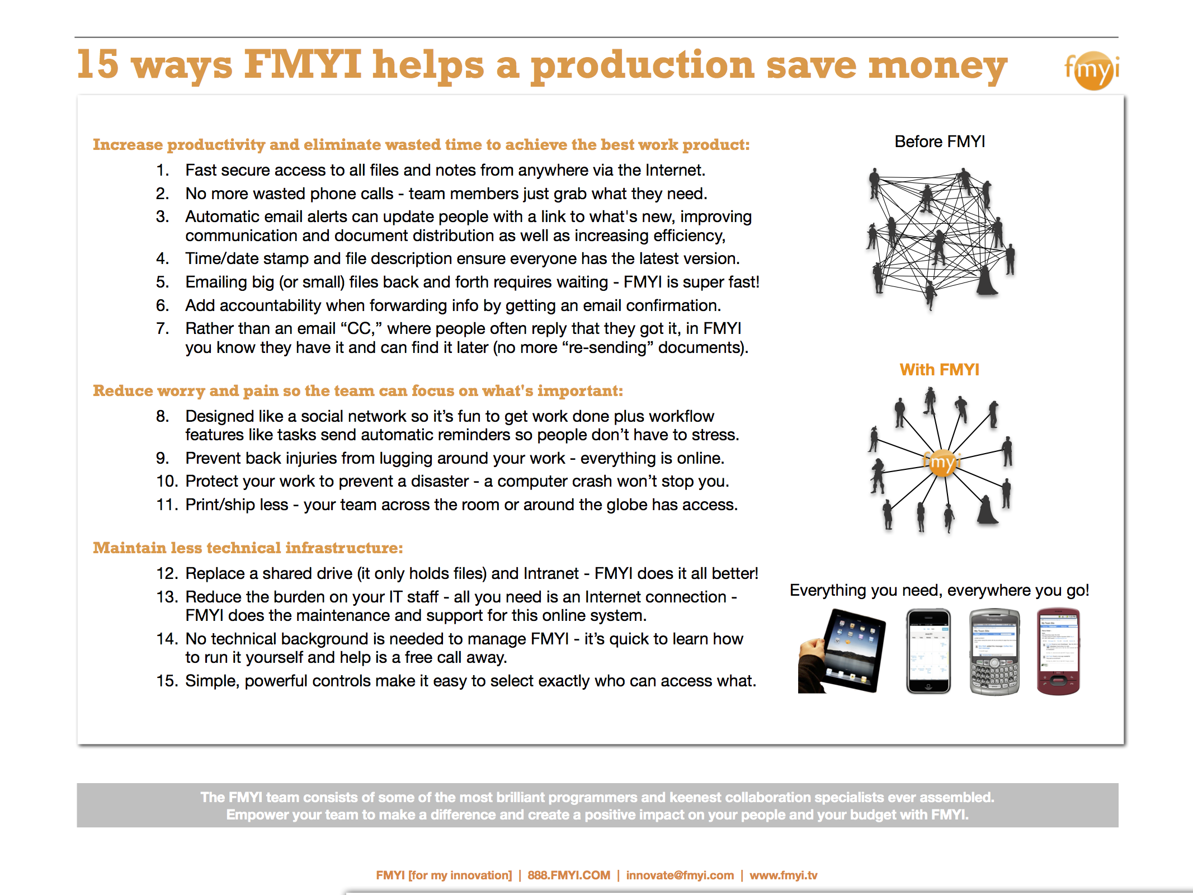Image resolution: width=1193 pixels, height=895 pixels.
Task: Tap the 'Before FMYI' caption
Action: pyautogui.click(x=940, y=142)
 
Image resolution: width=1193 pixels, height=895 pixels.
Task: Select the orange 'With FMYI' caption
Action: pyautogui.click(x=940, y=370)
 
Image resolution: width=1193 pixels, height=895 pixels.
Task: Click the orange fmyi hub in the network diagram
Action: pyautogui.click(x=942, y=463)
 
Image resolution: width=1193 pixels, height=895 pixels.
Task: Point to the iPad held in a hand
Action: pyautogui.click(x=842, y=651)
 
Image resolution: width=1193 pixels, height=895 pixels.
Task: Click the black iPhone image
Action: pyautogui.click(x=928, y=651)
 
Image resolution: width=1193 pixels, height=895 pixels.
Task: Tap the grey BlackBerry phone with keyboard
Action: pyautogui.click(x=994, y=652)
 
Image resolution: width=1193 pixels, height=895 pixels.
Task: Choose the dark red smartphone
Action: pyautogui.click(x=1058, y=652)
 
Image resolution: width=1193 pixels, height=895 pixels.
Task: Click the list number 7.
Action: pyautogui.click(x=163, y=328)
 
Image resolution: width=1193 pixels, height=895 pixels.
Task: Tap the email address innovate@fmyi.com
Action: pyautogui.click(x=680, y=875)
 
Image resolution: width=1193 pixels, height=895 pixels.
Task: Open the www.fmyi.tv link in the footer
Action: pyautogui.click(x=784, y=875)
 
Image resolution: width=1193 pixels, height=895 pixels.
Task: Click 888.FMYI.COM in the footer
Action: pyautogui.click(x=569, y=875)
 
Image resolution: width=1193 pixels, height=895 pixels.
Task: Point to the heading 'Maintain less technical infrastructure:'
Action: pyautogui.click(x=248, y=548)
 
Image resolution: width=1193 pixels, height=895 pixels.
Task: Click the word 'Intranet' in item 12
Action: pyautogui.click(x=551, y=573)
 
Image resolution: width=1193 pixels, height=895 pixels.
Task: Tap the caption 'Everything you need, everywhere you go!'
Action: pyautogui.click(x=940, y=591)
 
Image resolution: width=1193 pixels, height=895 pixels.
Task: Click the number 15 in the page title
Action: pyautogui.click(x=98, y=64)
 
